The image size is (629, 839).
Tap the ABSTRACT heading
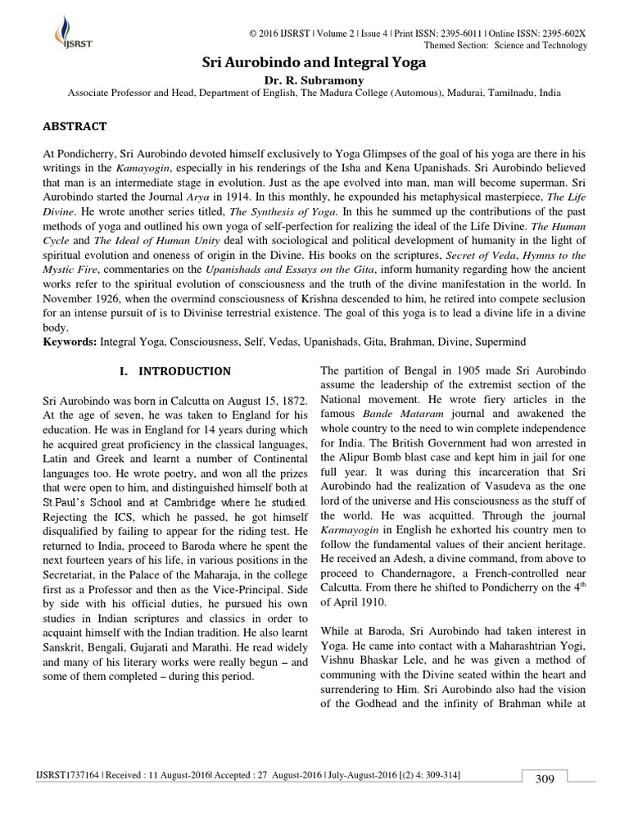point(75,126)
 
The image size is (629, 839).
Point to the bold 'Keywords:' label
point(70,338)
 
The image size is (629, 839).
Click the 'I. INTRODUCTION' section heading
point(175,370)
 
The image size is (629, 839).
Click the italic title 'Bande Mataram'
point(390,414)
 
